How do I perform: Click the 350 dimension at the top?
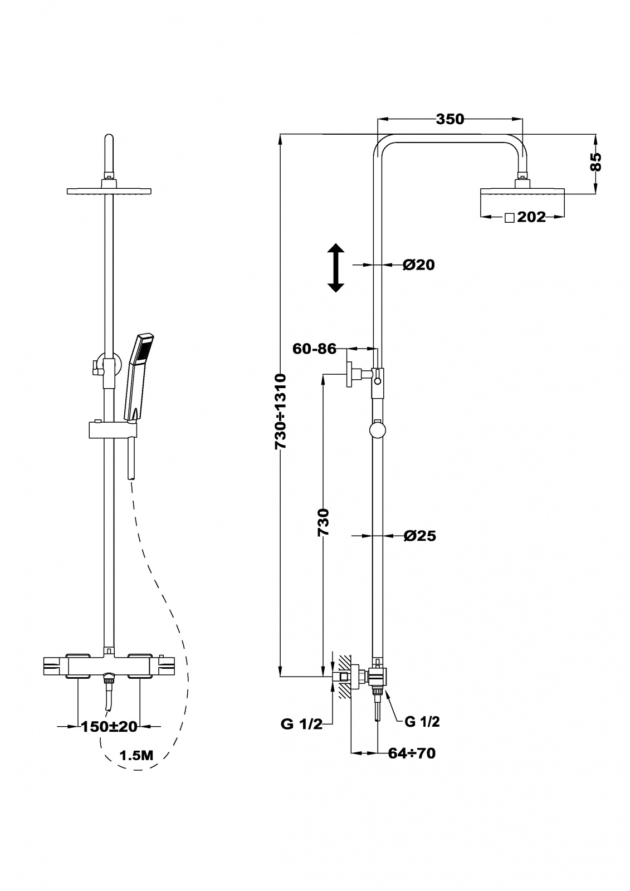pos(450,119)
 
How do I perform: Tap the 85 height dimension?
pos(595,162)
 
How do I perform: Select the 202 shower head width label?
pos(531,217)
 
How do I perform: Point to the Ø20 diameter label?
pos(419,265)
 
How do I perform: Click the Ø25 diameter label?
pos(420,536)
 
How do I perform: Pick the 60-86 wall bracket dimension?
pos(314,349)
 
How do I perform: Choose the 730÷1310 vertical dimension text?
pos(281,412)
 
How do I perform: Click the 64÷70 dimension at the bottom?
pos(412,753)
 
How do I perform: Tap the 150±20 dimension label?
pos(109,727)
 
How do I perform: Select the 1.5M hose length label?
pos(136,756)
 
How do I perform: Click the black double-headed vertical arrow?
pos(336,268)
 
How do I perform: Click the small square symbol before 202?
pos(510,218)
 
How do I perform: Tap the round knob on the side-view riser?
pos(377,430)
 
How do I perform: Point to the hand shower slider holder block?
pos(113,431)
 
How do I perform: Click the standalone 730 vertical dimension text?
pos(324,522)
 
